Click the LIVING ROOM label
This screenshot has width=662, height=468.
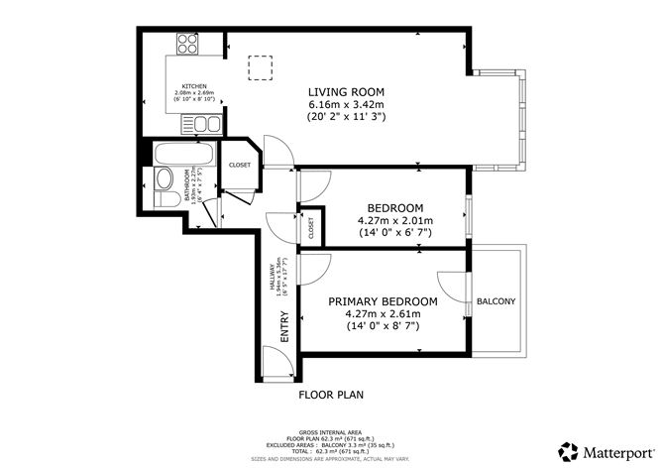coord(346,91)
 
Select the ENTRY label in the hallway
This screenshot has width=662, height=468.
coord(285,327)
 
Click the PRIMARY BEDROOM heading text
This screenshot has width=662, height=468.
coord(383,301)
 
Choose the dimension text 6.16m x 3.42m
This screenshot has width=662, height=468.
coord(346,104)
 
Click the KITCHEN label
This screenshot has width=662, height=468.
coord(194,86)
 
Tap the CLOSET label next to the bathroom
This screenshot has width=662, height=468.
coord(240,166)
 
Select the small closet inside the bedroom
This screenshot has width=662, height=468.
coord(310,228)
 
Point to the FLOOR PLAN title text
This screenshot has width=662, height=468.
coord(331,394)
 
